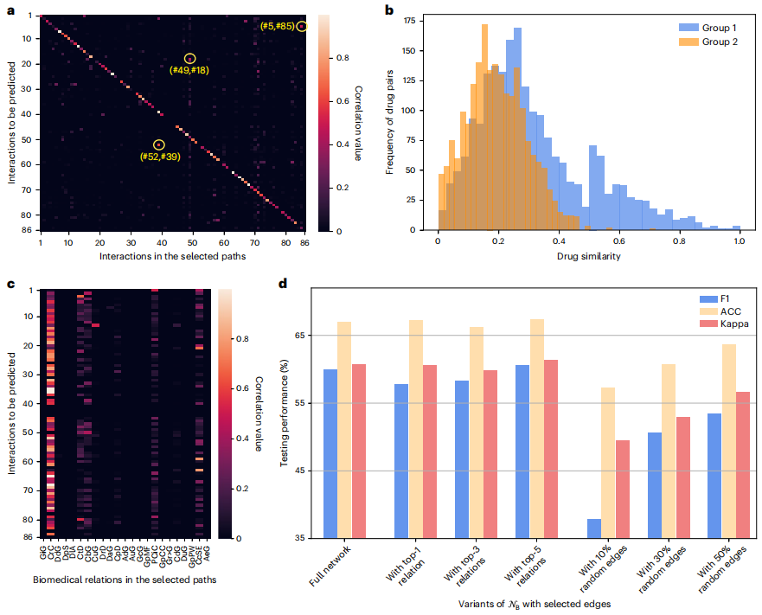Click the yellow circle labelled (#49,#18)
tap(189, 58)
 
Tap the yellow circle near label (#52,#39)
tap(158, 144)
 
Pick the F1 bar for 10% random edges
tap(595, 529)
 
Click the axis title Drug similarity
tap(588, 256)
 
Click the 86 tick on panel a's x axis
tap(304, 245)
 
